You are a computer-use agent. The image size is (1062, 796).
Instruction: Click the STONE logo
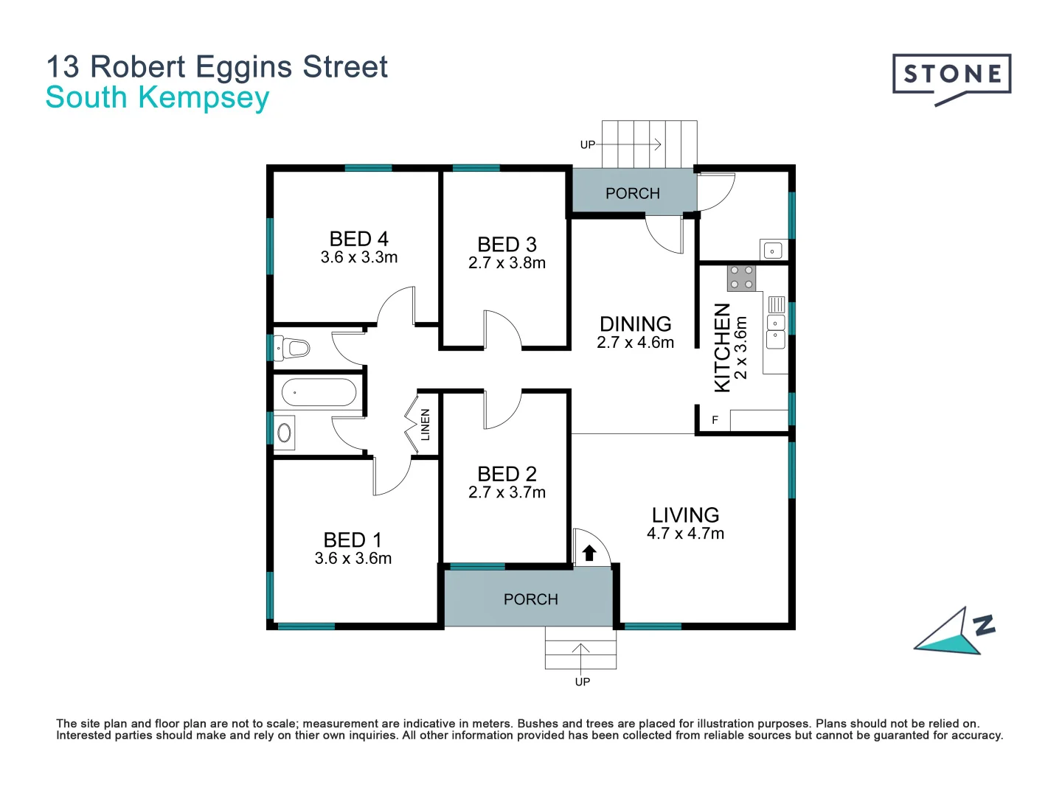click(951, 75)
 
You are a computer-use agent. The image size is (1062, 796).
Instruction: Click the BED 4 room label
click(358, 239)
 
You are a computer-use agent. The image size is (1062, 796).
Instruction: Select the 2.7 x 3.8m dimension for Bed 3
click(507, 263)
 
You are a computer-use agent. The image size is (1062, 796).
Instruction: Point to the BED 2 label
click(507, 474)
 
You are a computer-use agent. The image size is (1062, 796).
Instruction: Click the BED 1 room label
click(353, 540)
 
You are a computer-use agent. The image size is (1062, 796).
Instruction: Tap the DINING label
click(635, 324)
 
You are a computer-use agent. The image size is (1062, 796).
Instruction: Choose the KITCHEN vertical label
click(723, 347)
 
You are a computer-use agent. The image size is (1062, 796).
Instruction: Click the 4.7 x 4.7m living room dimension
click(685, 534)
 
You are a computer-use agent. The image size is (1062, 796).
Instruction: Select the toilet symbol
click(291, 346)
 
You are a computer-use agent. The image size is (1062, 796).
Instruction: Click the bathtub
click(319, 393)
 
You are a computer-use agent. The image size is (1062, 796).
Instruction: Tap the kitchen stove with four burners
click(741, 278)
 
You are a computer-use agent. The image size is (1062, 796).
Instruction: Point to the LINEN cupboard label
click(425, 425)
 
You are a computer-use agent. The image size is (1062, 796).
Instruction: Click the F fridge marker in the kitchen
click(715, 420)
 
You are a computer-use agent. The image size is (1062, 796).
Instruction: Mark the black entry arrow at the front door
click(589, 553)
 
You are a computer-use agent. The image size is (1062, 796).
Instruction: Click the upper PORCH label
click(632, 193)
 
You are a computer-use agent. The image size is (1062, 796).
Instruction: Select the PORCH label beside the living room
click(530, 599)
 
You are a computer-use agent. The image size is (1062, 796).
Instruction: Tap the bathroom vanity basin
click(284, 433)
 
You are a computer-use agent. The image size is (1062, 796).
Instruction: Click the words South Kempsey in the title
click(157, 97)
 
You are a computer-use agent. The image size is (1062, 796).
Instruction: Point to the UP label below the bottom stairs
click(582, 682)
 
